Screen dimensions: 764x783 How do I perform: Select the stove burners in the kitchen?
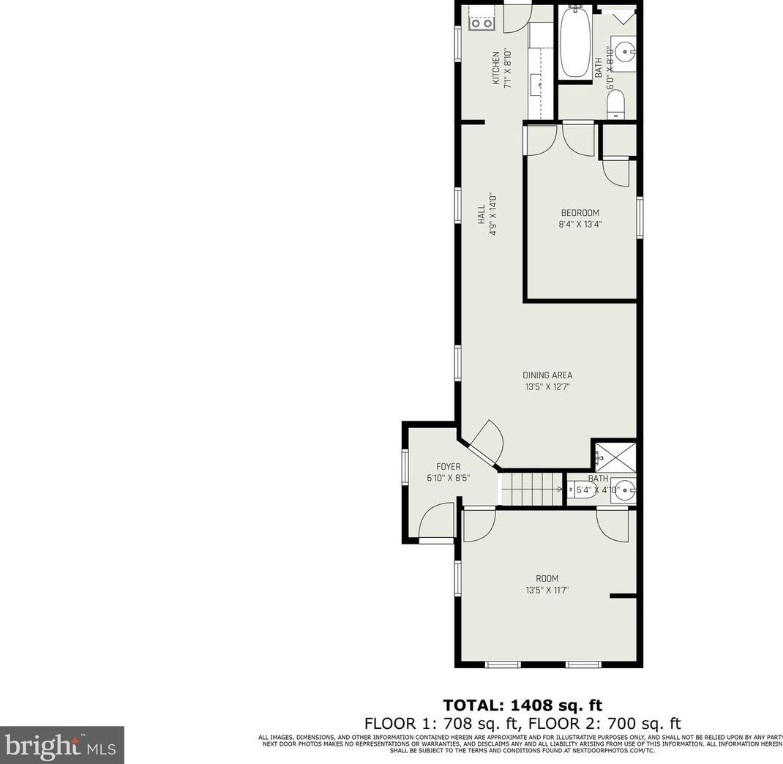click(x=482, y=23)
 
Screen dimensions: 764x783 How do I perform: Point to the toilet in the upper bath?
click(x=616, y=103)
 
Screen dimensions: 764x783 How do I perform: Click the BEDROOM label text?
click(x=580, y=213)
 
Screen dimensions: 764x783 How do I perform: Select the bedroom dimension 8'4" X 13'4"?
click(x=580, y=225)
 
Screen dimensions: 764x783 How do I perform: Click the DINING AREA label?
click(x=547, y=375)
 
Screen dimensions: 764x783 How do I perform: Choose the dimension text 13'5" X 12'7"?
click(x=547, y=387)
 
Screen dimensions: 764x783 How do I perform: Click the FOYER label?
click(x=448, y=466)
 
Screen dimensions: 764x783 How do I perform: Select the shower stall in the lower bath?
click(x=614, y=459)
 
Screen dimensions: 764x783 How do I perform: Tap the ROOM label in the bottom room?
click(x=547, y=578)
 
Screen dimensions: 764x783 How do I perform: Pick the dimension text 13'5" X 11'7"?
click(x=547, y=590)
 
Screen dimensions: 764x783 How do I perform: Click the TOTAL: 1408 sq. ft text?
click(x=522, y=705)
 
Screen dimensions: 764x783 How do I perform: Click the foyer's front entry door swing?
click(x=437, y=522)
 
